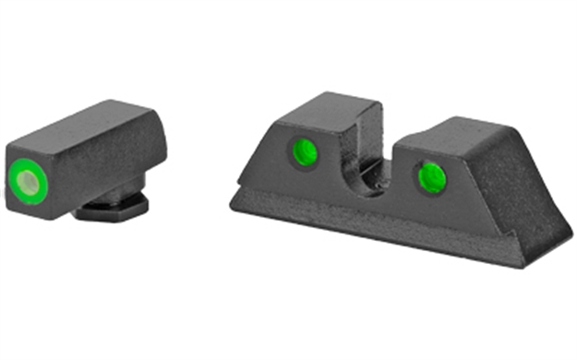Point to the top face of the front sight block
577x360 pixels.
pos(88,129)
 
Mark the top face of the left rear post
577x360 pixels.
pos(319,110)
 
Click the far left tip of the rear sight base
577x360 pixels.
pos(234,201)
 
